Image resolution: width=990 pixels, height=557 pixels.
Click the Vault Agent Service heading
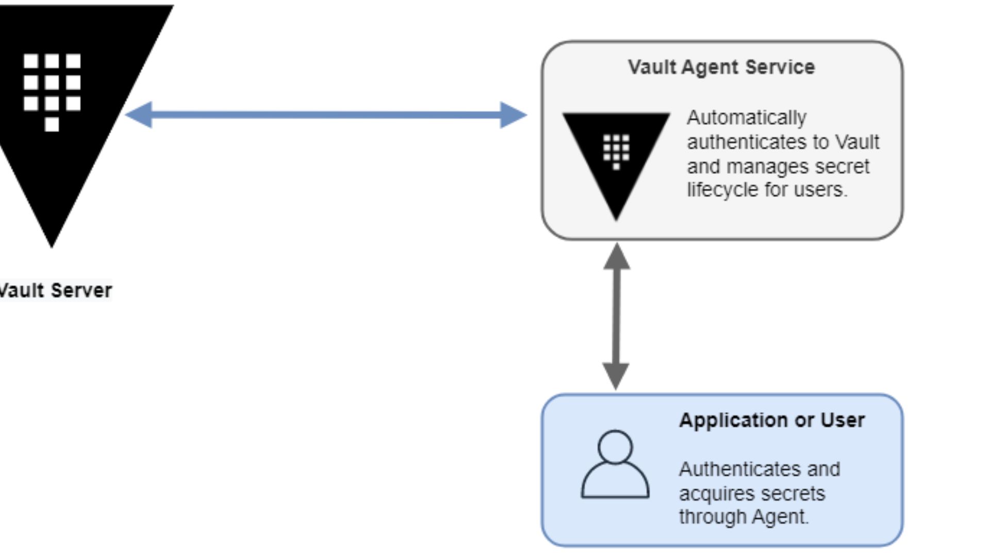pyautogui.click(x=721, y=67)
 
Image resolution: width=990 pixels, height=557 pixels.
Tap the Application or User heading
pyautogui.click(x=771, y=420)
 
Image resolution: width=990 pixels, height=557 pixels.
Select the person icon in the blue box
pyautogui.click(x=615, y=465)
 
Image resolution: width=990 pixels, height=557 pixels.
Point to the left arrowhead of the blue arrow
pyautogui.click(x=138, y=114)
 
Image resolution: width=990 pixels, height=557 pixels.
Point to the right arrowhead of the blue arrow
pyautogui.click(x=514, y=114)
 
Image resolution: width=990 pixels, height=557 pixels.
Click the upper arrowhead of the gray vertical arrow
pyautogui.click(x=616, y=257)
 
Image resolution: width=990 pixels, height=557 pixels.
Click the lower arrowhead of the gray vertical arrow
pyautogui.click(x=616, y=376)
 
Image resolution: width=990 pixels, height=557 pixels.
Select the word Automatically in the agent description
pyautogui.click(x=746, y=118)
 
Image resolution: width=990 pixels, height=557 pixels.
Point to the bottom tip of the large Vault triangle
pyautogui.click(x=52, y=245)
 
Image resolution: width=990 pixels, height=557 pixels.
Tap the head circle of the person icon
pyautogui.click(x=615, y=447)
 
